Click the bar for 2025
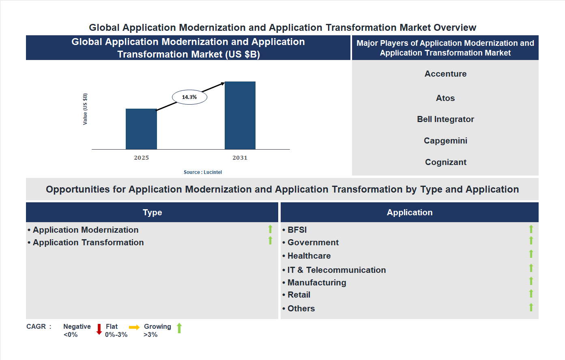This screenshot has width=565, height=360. tap(141, 129)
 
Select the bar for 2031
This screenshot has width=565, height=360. tap(240, 116)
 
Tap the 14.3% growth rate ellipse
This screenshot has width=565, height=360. tap(189, 97)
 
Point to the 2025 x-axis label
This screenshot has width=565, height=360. tap(141, 158)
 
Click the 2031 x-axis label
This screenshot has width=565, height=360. tap(240, 158)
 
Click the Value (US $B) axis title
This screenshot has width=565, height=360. tap(85, 109)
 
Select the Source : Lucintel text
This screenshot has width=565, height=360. tap(202, 172)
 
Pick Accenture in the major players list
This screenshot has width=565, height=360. tap(445, 74)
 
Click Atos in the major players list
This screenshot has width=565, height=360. tap(445, 98)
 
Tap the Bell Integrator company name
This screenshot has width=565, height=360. tap(445, 119)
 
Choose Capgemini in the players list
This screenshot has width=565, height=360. tap(445, 141)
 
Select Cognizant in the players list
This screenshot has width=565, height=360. tap(445, 162)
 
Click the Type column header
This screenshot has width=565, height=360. tap(152, 212)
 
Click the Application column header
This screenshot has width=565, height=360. tap(409, 212)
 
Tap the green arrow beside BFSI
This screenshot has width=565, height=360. tap(531, 229)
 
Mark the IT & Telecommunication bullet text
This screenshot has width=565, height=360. tap(336, 270)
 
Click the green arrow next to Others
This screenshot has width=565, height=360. tap(531, 307)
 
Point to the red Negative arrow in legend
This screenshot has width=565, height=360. tap(99, 329)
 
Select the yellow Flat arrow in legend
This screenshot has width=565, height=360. tap(134, 327)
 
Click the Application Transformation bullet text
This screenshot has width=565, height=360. tap(88, 242)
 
